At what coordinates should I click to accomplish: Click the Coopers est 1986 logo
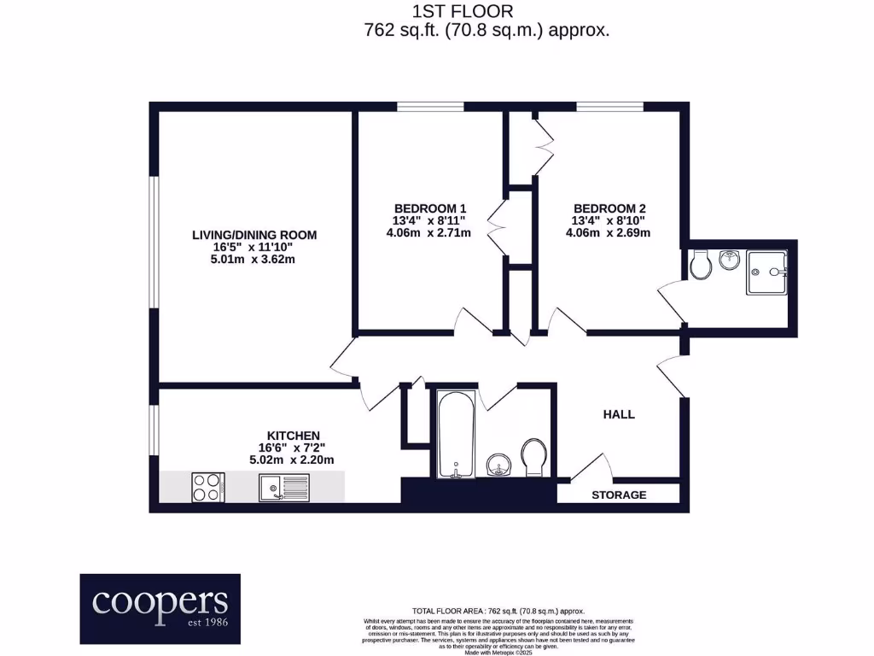160,608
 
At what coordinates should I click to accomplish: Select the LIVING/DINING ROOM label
253,234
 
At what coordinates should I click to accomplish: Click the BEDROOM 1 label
430,208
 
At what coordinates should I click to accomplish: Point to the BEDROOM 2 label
609,208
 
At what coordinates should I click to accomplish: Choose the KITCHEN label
293,434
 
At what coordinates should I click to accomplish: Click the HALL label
619,414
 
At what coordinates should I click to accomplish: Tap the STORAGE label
619,495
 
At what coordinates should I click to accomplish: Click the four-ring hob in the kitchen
207,487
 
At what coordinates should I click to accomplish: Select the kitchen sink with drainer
284,488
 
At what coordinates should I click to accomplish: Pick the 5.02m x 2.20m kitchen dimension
291,460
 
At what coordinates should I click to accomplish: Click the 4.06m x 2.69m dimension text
609,233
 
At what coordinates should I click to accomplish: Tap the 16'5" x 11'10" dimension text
253,247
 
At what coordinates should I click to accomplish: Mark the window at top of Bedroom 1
430,107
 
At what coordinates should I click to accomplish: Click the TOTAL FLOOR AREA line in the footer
498,611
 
